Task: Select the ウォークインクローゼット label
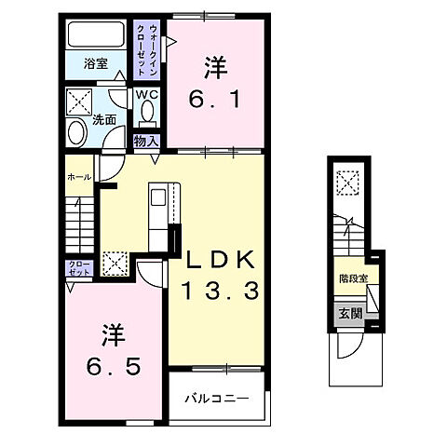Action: [x=146, y=48]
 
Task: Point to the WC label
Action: [x=147, y=94]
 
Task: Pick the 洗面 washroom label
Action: [x=103, y=119]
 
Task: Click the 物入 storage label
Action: [x=147, y=140]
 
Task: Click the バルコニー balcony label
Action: [x=216, y=398]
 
